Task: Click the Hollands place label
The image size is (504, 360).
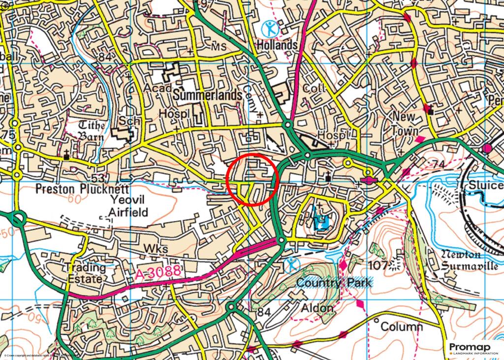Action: point(277,45)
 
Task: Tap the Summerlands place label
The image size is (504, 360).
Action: point(208,95)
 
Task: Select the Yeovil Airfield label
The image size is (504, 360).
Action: point(121,206)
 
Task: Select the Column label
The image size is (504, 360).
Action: point(402,327)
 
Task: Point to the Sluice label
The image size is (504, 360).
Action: point(486,185)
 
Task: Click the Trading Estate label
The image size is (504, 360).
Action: point(85,273)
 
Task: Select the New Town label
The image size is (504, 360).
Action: point(405,124)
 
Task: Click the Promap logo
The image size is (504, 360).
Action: point(473,348)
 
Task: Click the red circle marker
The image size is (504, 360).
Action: point(253,179)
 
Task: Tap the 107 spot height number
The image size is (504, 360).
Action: point(378,266)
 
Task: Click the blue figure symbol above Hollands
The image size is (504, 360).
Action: point(270,29)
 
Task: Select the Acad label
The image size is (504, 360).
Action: point(158,88)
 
